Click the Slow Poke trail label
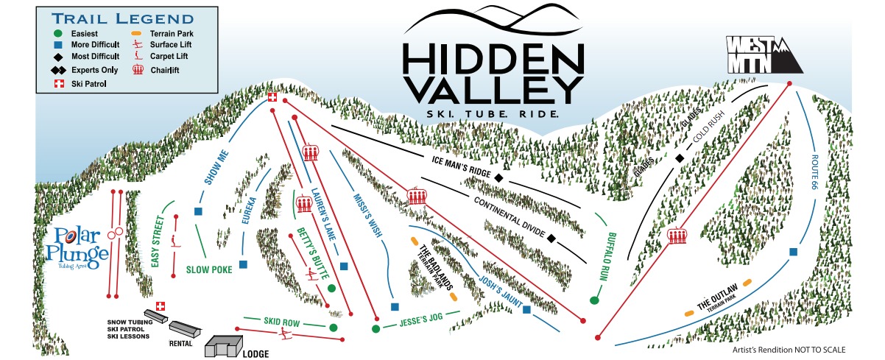[x=209, y=269]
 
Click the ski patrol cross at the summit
[x=272, y=97]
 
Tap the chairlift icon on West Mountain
[x=677, y=236]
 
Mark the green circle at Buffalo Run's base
[x=593, y=300]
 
